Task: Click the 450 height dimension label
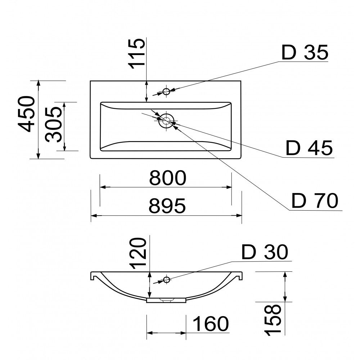tap(26, 114)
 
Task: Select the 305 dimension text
tap(53, 125)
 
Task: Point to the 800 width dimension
tap(168, 178)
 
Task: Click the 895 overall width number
tap(167, 206)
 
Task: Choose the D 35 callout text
tap(305, 53)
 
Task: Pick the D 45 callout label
tap(309, 148)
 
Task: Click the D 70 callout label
tap(315, 201)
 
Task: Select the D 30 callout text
tap(265, 252)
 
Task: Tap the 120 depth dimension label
tap(138, 253)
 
